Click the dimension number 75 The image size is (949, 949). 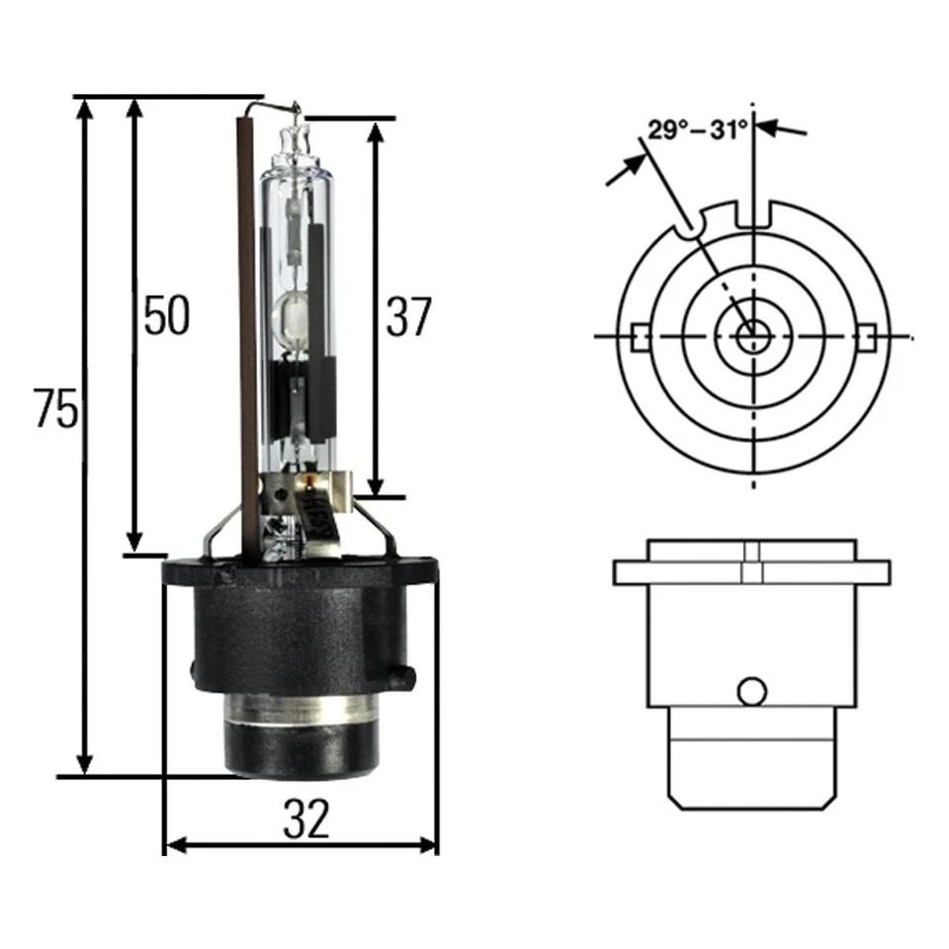55,409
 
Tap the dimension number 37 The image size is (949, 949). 408,317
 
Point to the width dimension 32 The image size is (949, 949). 305,820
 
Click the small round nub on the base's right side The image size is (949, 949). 401,675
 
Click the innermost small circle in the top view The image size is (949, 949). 753,335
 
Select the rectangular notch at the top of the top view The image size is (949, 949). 754,212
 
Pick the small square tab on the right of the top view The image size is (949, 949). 867,336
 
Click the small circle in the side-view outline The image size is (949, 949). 753,689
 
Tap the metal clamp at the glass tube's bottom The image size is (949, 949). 308,489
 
